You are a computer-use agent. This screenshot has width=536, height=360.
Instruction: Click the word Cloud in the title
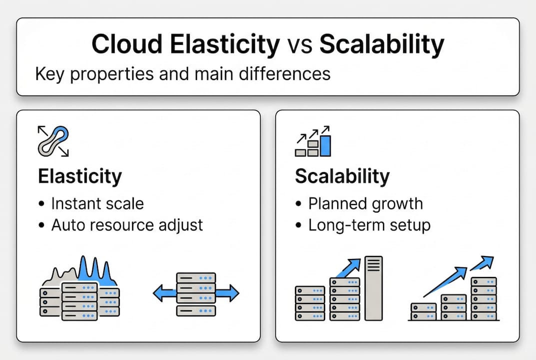coord(127,44)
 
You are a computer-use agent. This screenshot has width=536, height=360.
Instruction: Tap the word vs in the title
coord(300,44)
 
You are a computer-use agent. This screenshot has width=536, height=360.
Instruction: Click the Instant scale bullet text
coord(97,203)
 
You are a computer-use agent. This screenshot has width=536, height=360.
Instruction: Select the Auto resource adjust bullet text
coord(127,224)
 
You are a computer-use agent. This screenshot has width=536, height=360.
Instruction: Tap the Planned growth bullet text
coord(365,203)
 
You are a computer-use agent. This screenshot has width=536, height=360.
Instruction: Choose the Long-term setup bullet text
coord(369,224)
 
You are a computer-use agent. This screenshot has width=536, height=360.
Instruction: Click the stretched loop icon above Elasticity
coord(53,141)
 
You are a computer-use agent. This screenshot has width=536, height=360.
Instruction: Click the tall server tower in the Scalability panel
coord(373,288)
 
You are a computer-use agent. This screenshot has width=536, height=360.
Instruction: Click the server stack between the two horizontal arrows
coord(196,294)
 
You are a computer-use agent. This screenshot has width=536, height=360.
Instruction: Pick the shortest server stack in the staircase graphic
coord(423,311)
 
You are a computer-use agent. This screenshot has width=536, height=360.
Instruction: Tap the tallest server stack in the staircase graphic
coord(484,298)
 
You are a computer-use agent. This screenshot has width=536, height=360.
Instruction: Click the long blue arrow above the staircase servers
coord(447,282)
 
